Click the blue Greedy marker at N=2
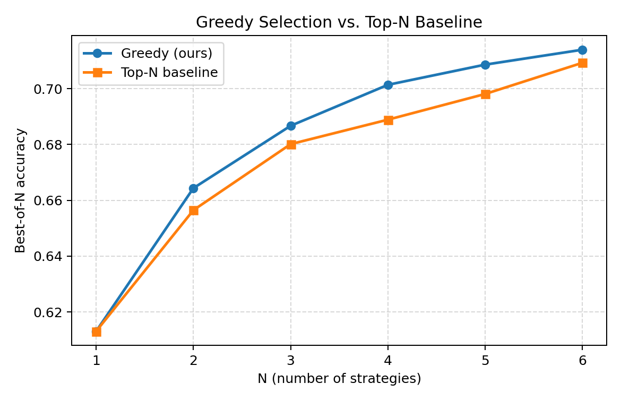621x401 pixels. [x=193, y=188]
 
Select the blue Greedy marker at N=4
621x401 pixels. [x=388, y=85]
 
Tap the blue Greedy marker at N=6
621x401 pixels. [x=582, y=50]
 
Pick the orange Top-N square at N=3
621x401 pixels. [x=291, y=144]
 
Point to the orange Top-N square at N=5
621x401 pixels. [x=485, y=94]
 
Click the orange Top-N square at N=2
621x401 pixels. [x=193, y=211]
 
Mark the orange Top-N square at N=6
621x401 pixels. [x=582, y=63]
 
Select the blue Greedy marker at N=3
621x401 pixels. [x=291, y=126]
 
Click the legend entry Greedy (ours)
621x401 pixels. [x=166, y=54]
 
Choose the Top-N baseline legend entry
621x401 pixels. [x=169, y=73]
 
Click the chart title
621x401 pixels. [x=339, y=23]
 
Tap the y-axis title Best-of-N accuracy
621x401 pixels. [x=20, y=190]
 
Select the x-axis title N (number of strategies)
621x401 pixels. [x=339, y=379]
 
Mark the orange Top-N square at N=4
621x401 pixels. [x=388, y=120]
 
